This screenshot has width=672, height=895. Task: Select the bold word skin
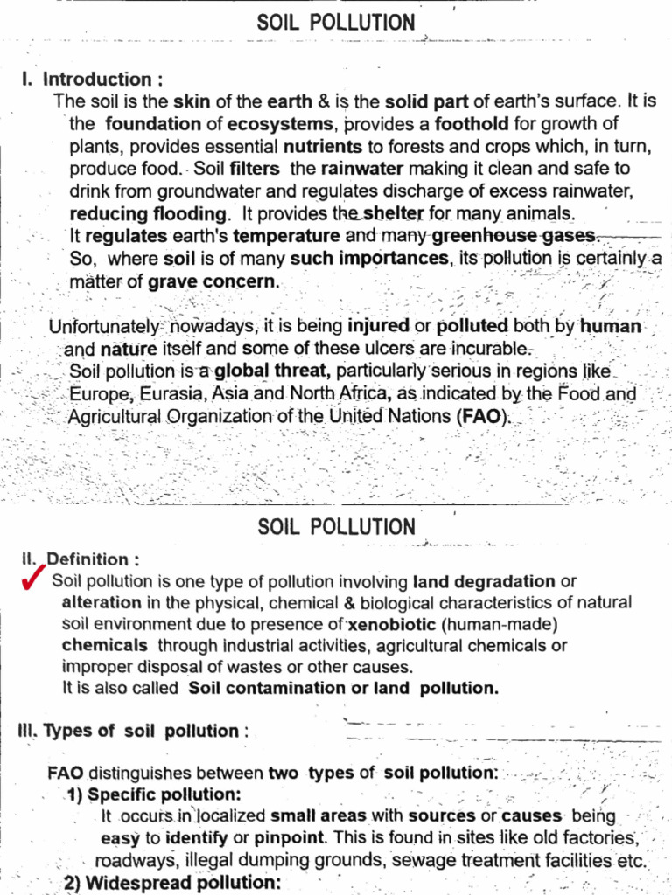pyautogui.click(x=191, y=101)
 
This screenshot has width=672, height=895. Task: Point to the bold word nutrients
pyautogui.click(x=323, y=146)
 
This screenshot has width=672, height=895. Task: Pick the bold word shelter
pyautogui.click(x=394, y=213)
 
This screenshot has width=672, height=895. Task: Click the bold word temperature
pyautogui.click(x=286, y=236)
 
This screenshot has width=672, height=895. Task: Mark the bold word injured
pyautogui.click(x=378, y=326)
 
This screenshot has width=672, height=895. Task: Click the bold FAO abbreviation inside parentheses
pyautogui.click(x=482, y=417)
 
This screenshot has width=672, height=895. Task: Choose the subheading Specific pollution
pyautogui.click(x=164, y=794)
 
